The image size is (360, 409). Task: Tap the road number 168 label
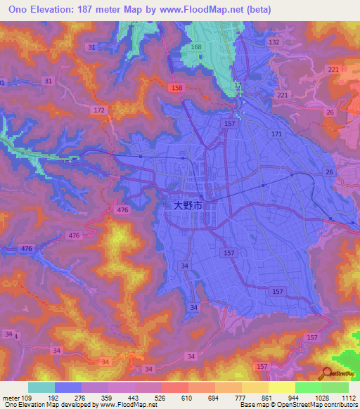pyautogui.click(x=196, y=48)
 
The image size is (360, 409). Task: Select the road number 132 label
pyautogui.click(x=274, y=43)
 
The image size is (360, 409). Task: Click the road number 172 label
pyautogui.click(x=99, y=111)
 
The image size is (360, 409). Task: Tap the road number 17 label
pyautogui.click(x=238, y=86)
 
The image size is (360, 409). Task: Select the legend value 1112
pyautogui.click(x=348, y=398)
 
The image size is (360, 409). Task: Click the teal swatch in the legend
pyautogui.click(x=41, y=387)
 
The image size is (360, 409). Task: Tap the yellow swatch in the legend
pyautogui.click(x=282, y=387)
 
